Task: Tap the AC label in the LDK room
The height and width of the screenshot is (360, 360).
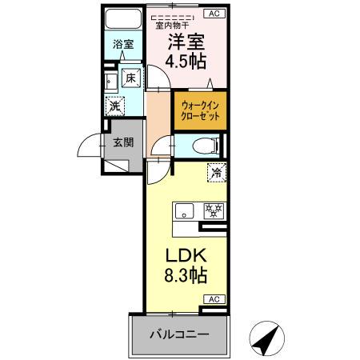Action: tap(214, 298)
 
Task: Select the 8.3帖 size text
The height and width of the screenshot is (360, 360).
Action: tap(186, 277)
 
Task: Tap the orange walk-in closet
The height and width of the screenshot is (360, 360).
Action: tap(199, 110)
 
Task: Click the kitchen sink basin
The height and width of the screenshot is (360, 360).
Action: tap(185, 211)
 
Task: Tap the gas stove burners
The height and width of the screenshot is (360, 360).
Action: tap(212, 211)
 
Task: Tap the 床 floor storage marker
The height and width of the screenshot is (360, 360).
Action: tap(130, 78)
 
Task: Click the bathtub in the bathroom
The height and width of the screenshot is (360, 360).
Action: tap(123, 21)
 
